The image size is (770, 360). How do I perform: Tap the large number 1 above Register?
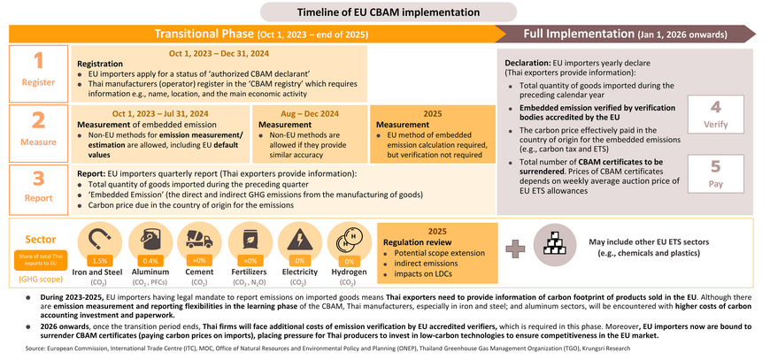coord(38,61)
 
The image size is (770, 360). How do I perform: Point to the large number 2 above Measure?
coord(38,121)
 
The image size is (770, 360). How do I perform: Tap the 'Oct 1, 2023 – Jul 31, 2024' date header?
coord(160,112)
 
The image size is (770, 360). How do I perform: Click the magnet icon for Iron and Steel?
coord(100,241)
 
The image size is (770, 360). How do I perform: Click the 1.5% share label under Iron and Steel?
coord(100,261)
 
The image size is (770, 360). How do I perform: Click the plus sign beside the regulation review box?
coord(512,248)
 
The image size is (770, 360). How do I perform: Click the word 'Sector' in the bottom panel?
coord(36,238)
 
